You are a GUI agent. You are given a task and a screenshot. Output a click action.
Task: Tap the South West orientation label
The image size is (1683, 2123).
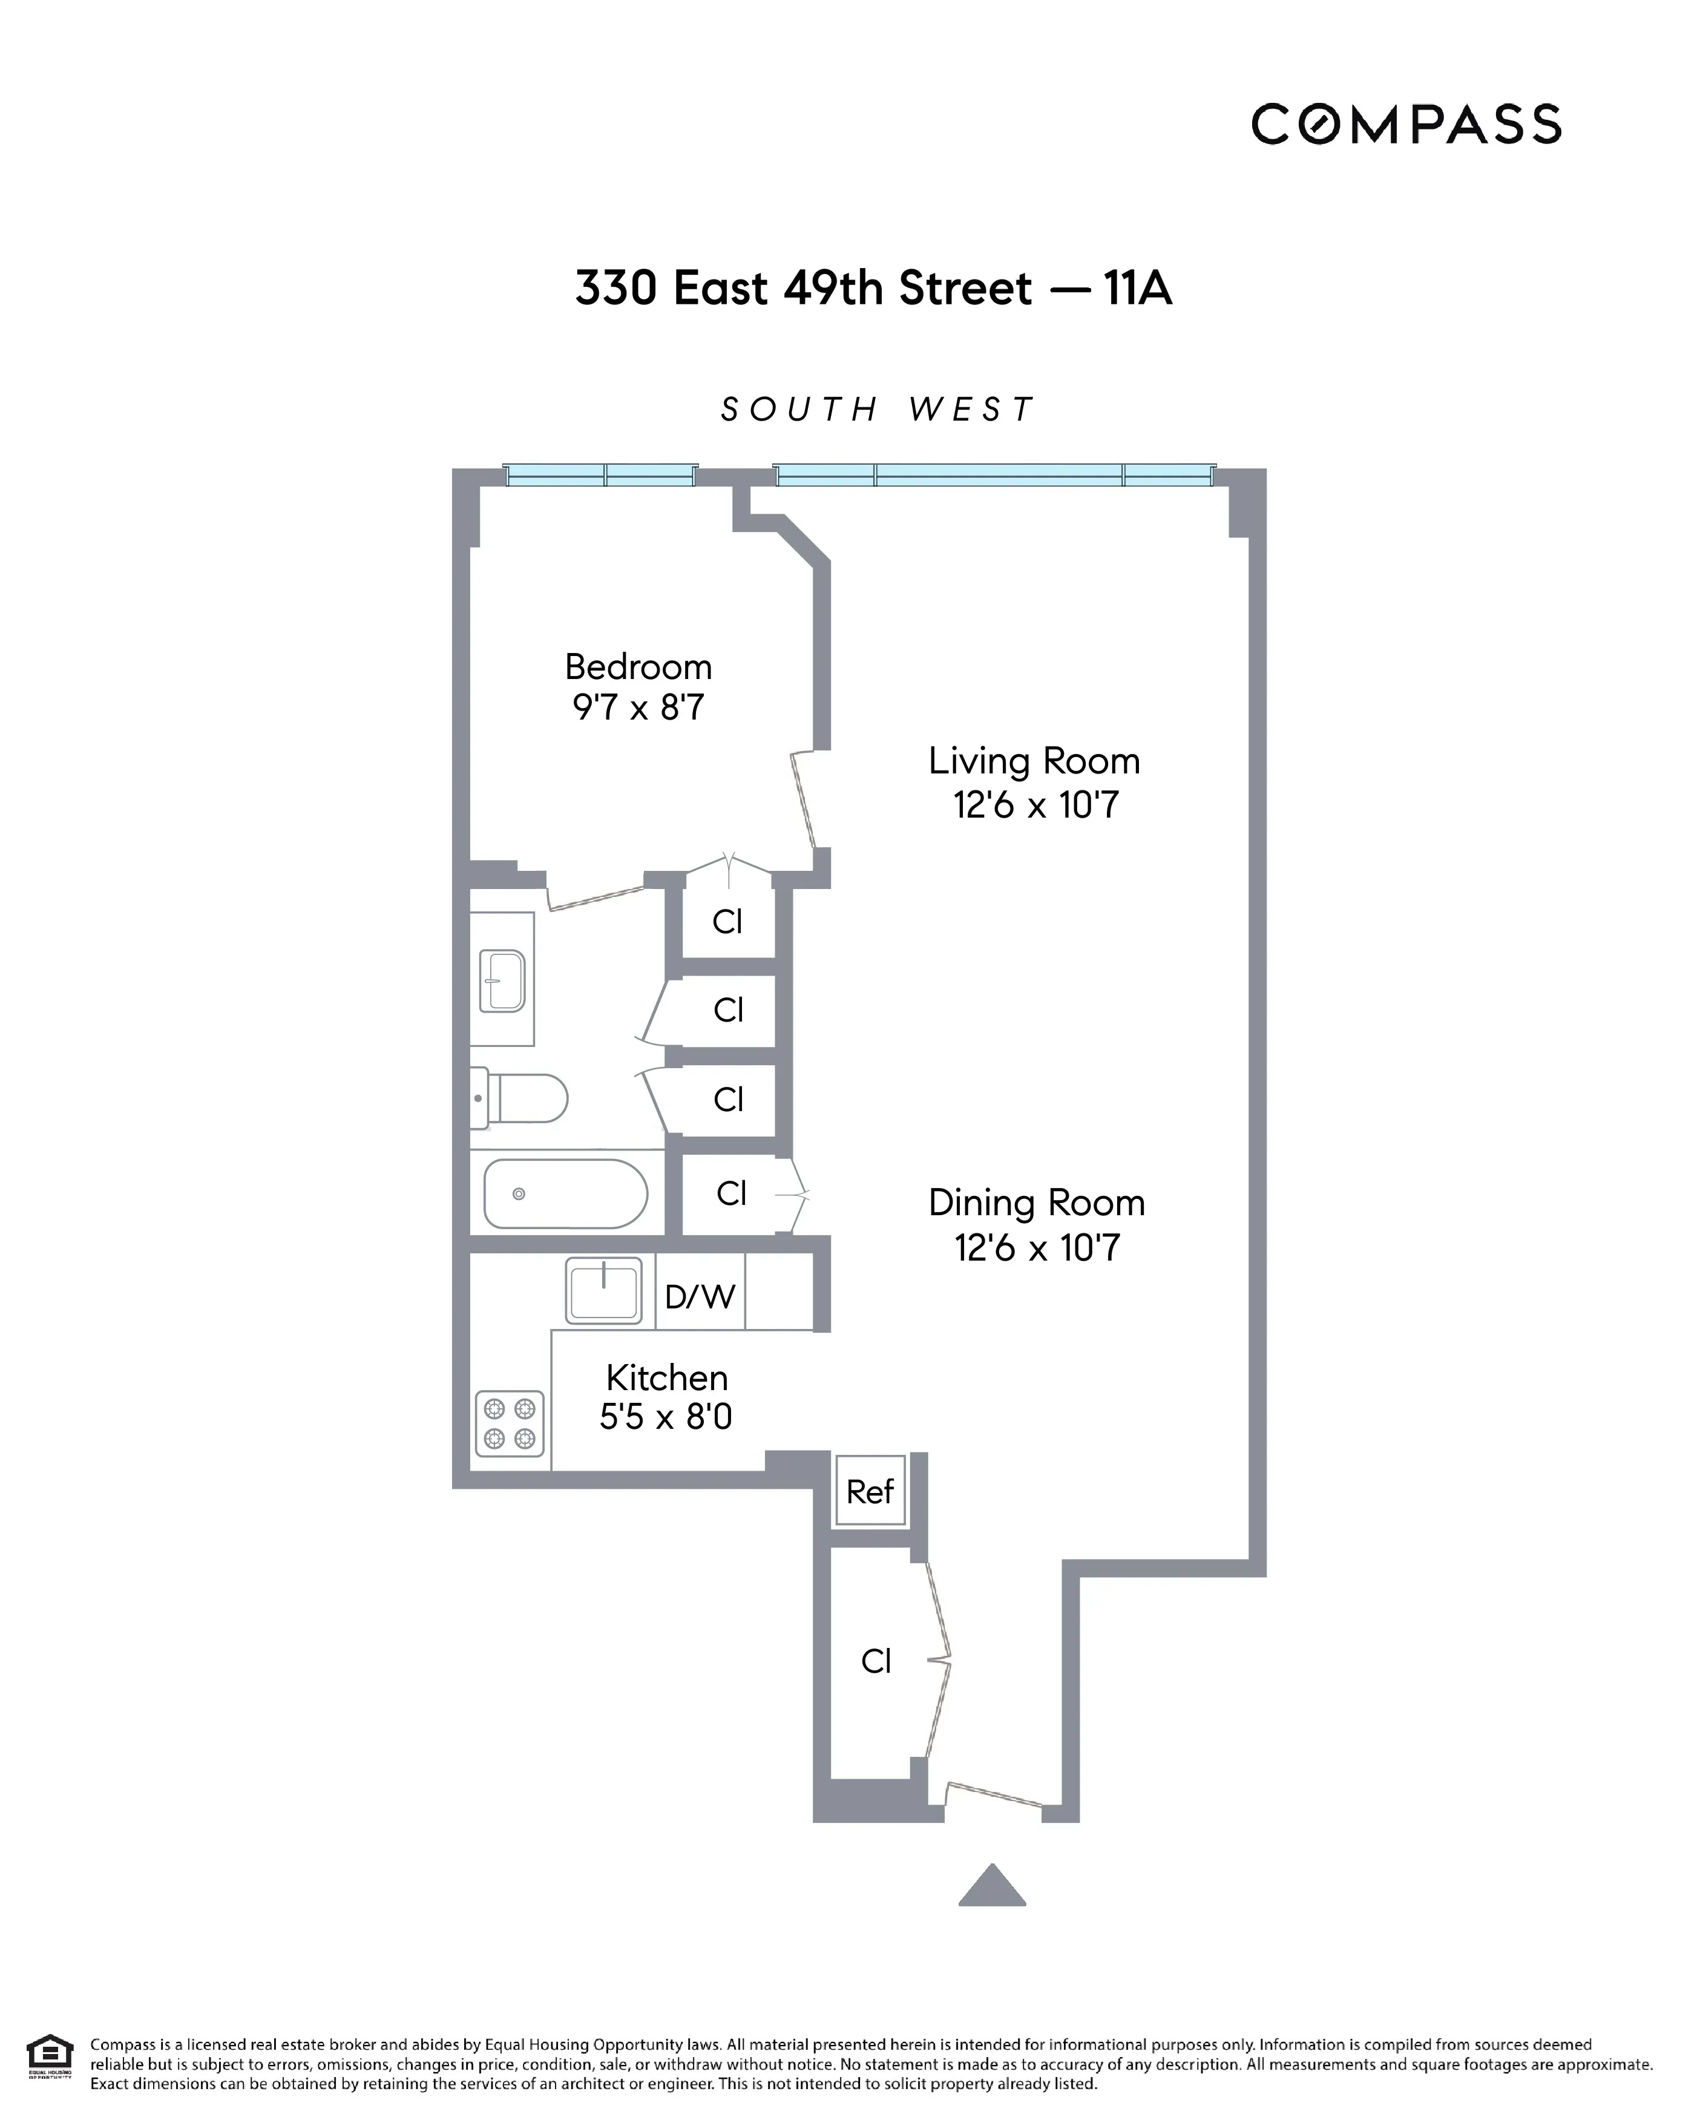click(x=876, y=409)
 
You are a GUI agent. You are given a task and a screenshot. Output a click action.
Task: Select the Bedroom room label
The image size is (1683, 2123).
click(x=638, y=667)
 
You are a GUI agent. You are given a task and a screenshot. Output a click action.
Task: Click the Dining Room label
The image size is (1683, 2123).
click(x=1036, y=1203)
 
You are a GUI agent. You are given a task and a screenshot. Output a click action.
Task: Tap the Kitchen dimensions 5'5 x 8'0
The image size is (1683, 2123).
click(x=666, y=1416)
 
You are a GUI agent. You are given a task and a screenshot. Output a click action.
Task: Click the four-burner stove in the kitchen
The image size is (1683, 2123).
click(x=509, y=1422)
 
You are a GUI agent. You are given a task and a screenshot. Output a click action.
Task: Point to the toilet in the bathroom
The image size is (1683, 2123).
click(x=520, y=1098)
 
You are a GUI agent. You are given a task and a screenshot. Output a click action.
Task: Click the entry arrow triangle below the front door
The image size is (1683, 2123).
click(x=992, y=1885)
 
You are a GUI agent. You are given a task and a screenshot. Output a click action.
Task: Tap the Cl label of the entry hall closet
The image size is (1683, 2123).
click(x=876, y=1661)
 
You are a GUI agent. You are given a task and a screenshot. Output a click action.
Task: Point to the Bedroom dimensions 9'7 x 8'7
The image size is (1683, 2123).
click(x=638, y=707)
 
